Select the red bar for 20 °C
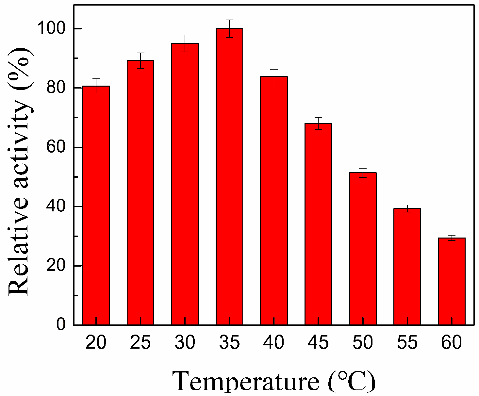click(x=96, y=206)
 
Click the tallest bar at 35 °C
click(x=229, y=176)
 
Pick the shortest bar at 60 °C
click(x=452, y=281)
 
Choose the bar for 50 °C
click(x=363, y=249)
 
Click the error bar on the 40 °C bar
click(x=274, y=76)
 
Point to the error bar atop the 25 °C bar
click(x=140, y=60)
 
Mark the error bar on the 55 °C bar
click(x=407, y=208)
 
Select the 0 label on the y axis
click(x=61, y=325)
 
